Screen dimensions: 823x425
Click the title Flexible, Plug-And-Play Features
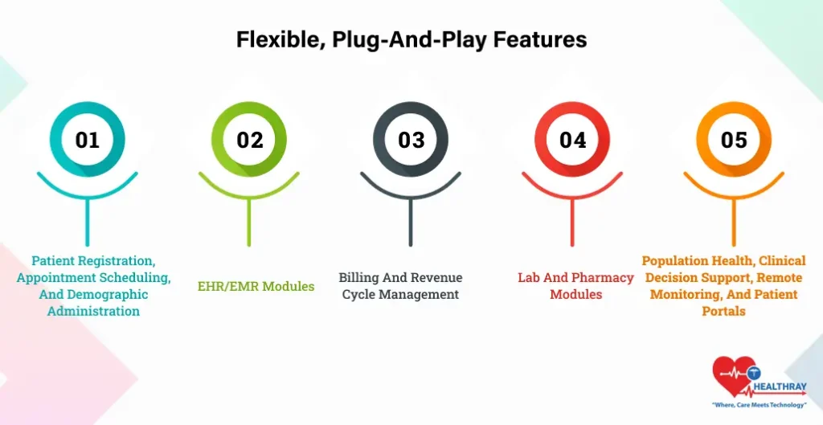(x=411, y=40)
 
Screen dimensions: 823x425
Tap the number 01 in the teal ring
(x=88, y=140)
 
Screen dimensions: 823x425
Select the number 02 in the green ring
(x=249, y=140)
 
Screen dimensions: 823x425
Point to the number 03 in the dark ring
(x=411, y=140)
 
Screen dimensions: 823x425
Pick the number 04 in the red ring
(x=572, y=140)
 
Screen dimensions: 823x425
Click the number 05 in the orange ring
(x=734, y=140)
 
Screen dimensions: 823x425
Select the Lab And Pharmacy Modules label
(x=575, y=286)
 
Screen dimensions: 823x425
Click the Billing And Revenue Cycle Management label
(x=400, y=286)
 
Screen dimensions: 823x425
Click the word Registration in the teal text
(x=121, y=261)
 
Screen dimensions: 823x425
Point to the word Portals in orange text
(x=724, y=311)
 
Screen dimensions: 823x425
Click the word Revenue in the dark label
(x=433, y=277)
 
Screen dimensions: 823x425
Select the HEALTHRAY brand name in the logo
(x=780, y=387)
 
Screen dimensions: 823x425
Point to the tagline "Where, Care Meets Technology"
(x=759, y=405)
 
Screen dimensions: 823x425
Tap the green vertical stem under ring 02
(x=249, y=220)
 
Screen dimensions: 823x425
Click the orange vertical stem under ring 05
(x=734, y=220)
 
